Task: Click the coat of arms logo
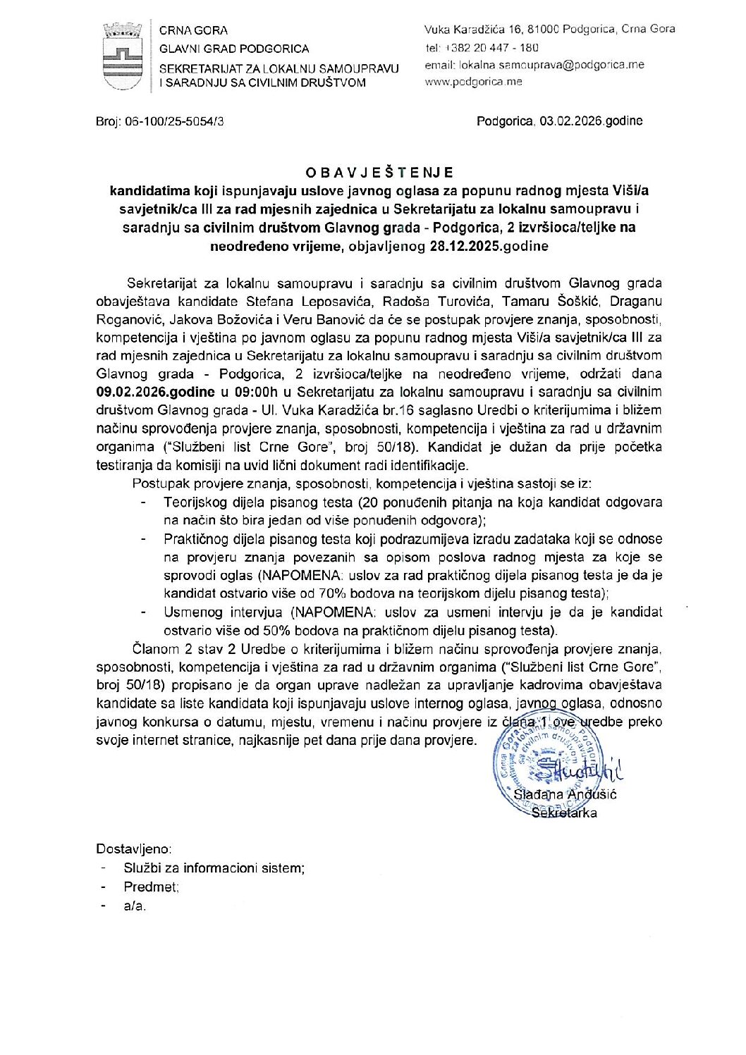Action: [122, 56]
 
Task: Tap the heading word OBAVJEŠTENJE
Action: [379, 173]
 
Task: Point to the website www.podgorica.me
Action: [473, 82]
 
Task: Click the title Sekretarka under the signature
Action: [565, 813]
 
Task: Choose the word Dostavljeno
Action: [133, 849]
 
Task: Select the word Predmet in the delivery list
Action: [151, 887]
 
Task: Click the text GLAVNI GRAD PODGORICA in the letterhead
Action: [234, 49]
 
